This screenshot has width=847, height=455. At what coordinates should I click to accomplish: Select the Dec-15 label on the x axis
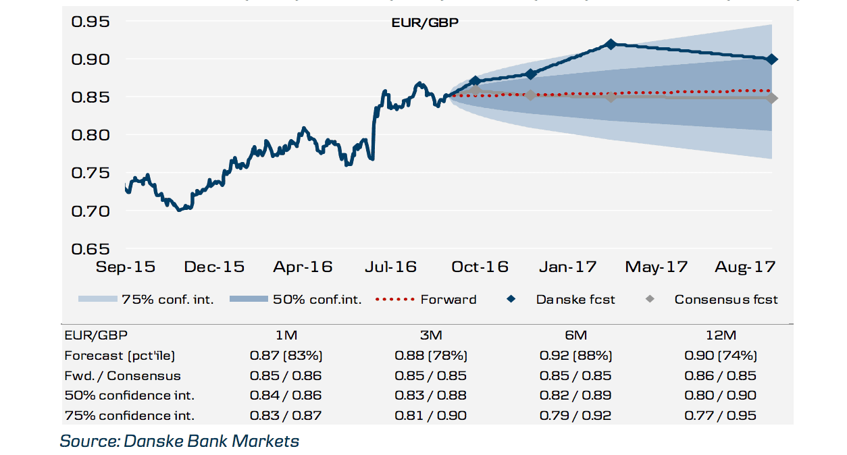(x=214, y=267)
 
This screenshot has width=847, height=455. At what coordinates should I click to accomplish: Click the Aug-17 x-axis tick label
(x=745, y=267)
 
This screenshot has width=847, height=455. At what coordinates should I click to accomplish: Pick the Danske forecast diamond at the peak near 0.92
(x=611, y=45)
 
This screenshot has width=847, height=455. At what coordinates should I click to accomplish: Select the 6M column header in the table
(x=575, y=335)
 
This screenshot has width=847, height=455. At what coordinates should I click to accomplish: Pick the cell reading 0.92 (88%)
(x=575, y=355)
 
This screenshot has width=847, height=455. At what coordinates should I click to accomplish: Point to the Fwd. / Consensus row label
(x=122, y=375)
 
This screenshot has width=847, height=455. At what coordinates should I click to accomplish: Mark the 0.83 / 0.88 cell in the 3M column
(x=430, y=396)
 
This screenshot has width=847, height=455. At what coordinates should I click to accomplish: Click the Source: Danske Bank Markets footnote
(x=180, y=441)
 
